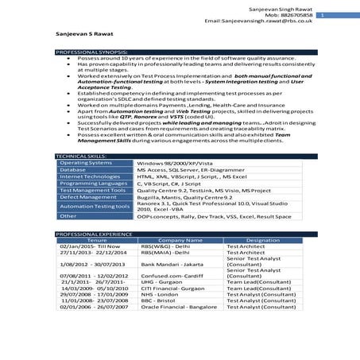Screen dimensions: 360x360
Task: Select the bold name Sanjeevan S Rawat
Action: pos(84,34)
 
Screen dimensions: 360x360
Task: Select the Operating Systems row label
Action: pos(85,163)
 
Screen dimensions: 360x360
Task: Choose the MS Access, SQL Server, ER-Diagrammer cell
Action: pos(183,170)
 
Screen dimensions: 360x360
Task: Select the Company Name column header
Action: pos(178,240)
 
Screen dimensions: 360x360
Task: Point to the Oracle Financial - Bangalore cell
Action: pos(178,307)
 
